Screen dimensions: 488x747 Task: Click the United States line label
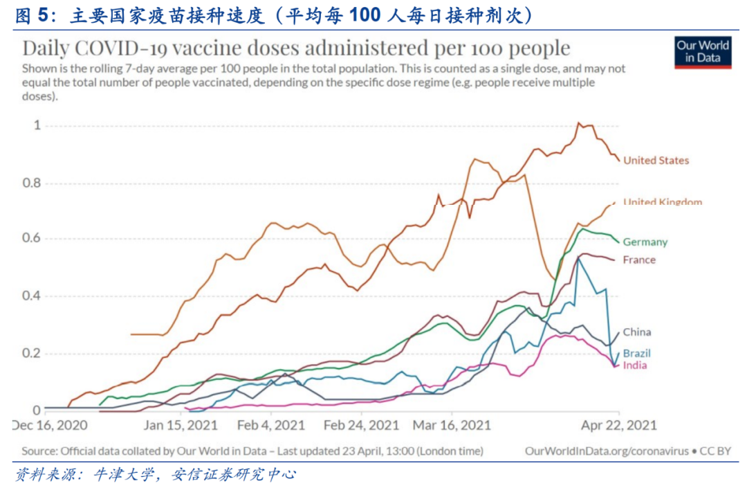click(656, 161)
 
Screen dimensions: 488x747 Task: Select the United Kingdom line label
click(662, 202)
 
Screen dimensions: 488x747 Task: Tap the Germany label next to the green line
click(645, 242)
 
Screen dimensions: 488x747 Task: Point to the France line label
click(638, 260)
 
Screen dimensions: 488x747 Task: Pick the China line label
click(636, 332)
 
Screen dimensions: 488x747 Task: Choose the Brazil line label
click(636, 354)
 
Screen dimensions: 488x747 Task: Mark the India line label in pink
click(634, 365)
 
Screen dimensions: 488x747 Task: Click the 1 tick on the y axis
click(37, 125)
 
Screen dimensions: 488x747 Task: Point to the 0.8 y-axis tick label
click(32, 183)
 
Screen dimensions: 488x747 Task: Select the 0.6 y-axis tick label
click(32, 240)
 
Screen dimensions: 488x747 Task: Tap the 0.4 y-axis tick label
click(32, 296)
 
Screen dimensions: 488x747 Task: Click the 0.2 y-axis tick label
click(32, 354)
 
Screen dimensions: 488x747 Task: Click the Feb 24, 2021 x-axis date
click(360, 424)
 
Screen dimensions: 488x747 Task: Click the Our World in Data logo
click(703, 52)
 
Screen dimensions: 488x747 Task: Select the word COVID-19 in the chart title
click(129, 48)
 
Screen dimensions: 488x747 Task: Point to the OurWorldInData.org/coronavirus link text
click(607, 451)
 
